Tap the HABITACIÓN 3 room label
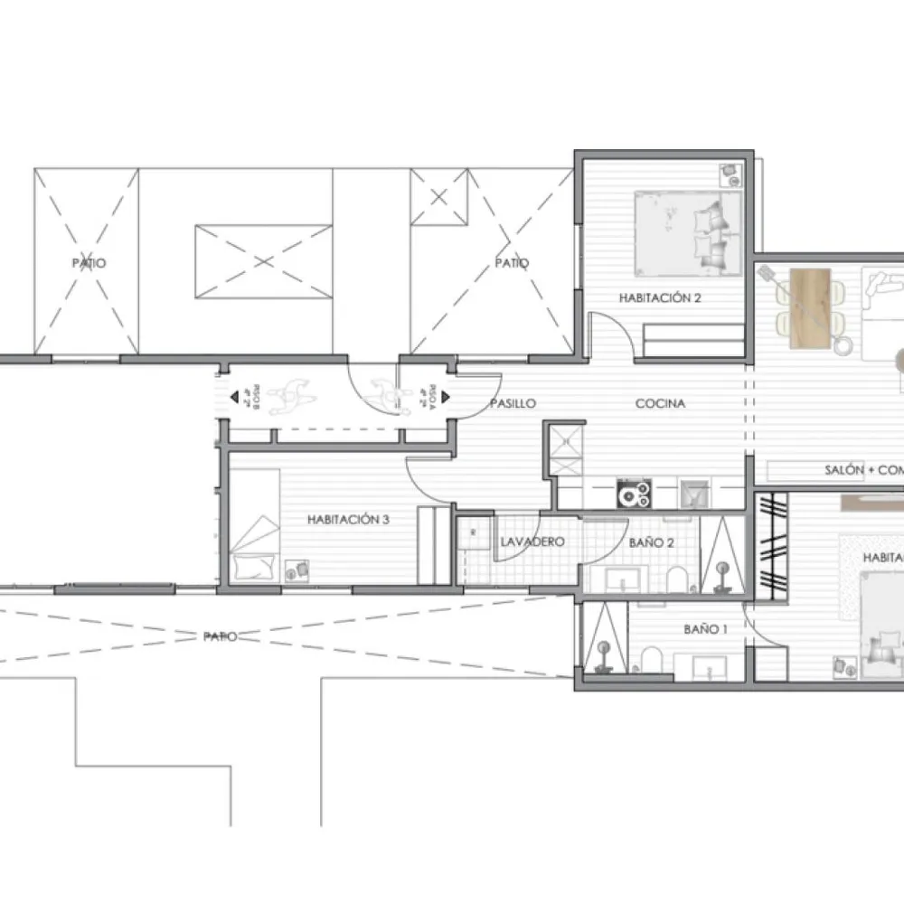click(x=348, y=520)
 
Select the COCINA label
click(x=660, y=403)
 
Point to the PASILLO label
click(x=513, y=403)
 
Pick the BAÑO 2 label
click(x=651, y=542)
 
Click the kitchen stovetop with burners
click(x=634, y=494)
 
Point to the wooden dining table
click(x=809, y=307)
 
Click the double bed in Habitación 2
click(x=678, y=232)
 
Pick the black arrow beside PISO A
click(x=423, y=396)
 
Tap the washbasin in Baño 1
click(x=711, y=665)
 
